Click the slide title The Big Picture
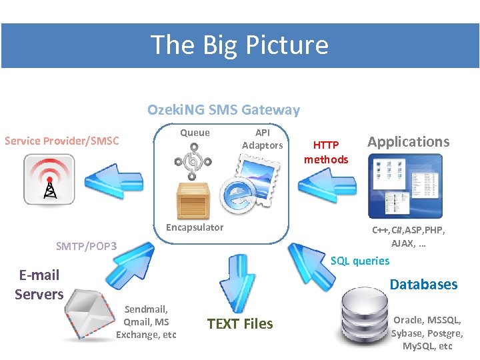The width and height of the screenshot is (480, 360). tap(240, 45)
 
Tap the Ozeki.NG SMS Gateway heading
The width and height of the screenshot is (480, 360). tap(223, 110)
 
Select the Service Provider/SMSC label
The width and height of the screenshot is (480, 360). tap(62, 141)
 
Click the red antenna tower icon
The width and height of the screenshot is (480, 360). tap(49, 180)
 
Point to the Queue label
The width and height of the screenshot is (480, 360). tap(195, 133)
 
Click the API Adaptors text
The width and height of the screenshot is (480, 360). tap(262, 139)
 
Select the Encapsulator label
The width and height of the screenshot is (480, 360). tap(195, 227)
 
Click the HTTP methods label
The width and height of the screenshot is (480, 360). tap(326, 152)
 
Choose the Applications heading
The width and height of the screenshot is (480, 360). tap(409, 141)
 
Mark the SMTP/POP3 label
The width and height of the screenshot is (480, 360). tap(87, 247)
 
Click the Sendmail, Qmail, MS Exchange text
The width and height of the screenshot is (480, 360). tap(147, 321)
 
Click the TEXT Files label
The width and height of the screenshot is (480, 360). tap(240, 324)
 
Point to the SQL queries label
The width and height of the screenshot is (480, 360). tap(360, 261)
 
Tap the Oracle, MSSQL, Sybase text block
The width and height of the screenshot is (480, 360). tap(427, 333)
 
